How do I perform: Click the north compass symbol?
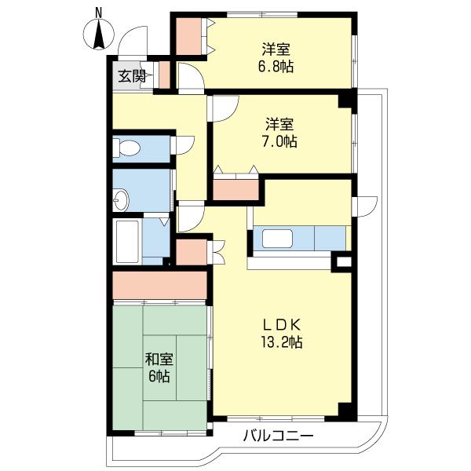coord(98,31)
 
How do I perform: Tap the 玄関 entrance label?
coord(132,76)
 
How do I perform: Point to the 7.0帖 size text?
coord(280,142)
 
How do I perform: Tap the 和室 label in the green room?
coord(159,360)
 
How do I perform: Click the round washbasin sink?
coord(121,201)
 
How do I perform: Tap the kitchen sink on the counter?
coord(278,238)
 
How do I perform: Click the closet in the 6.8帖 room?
coord(188,35)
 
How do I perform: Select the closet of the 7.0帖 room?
coord(235,188)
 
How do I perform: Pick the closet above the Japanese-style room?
coord(159,284)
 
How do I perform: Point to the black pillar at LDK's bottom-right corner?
coord(345,410)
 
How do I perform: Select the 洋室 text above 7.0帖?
coord(279,124)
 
